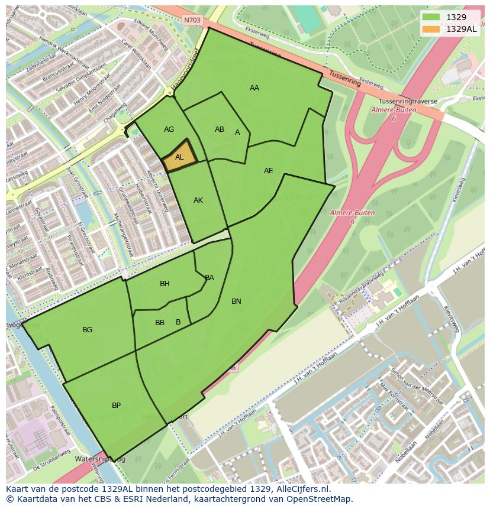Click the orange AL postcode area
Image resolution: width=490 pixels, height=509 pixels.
(x=179, y=157)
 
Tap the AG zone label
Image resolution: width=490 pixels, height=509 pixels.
(x=169, y=129)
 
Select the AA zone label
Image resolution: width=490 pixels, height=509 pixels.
(x=254, y=88)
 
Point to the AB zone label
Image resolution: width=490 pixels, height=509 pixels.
(x=220, y=129)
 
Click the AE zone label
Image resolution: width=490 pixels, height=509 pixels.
(x=269, y=171)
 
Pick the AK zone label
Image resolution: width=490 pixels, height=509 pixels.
(x=198, y=200)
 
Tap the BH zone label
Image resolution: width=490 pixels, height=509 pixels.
(x=165, y=284)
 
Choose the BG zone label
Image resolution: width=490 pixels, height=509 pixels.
(x=88, y=330)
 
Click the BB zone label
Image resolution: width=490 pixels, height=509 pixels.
(x=160, y=323)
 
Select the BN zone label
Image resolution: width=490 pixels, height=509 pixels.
(x=236, y=301)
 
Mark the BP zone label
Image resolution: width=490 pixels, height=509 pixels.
(x=116, y=406)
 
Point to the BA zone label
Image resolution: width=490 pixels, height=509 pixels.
(x=209, y=278)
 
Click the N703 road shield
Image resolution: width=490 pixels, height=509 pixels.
(x=192, y=20)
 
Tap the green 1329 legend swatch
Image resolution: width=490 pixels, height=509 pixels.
(x=431, y=18)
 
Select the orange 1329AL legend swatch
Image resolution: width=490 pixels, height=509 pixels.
(x=431, y=28)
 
